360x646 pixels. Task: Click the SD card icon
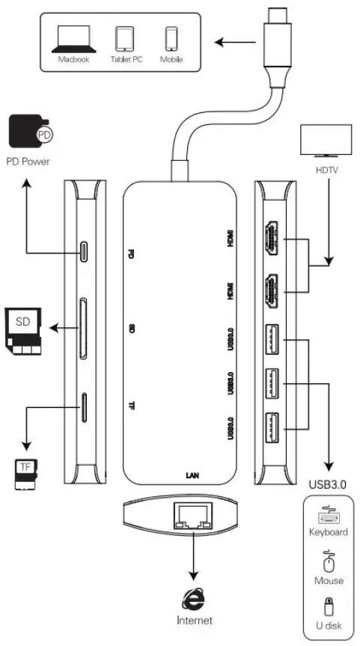click(x=23, y=329)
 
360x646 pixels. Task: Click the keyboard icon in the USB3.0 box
click(x=327, y=516)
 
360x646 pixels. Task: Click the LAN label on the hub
click(x=192, y=475)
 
